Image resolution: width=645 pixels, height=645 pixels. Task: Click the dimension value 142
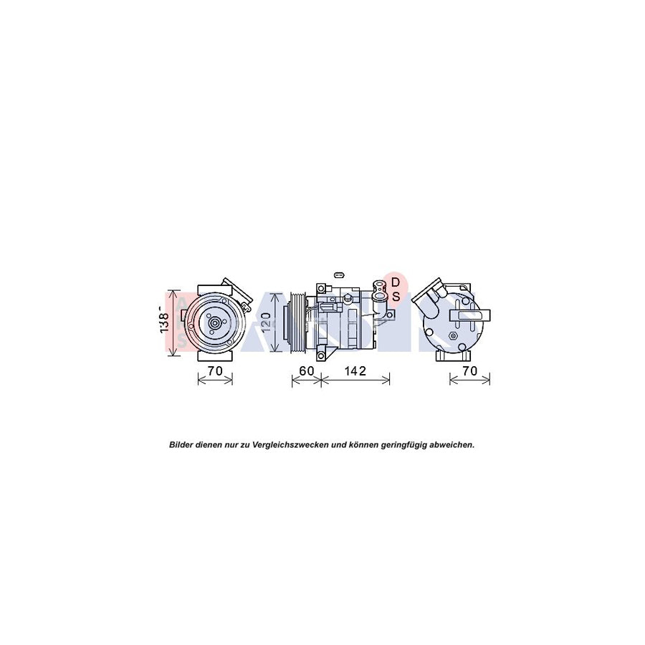click(x=355, y=371)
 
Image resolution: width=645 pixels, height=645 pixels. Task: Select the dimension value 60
click(x=306, y=371)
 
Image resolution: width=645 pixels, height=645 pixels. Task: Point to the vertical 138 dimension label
click(x=166, y=322)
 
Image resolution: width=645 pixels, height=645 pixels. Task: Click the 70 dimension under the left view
click(x=215, y=371)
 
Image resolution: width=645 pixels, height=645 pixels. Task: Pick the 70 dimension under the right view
click(x=470, y=371)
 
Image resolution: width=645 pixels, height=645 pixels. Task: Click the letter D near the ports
click(x=395, y=283)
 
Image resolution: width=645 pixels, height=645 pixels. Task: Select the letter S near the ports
click(x=395, y=295)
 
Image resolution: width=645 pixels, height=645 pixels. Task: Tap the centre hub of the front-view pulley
click(x=214, y=323)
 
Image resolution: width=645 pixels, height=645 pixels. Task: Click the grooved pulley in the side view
click(x=295, y=323)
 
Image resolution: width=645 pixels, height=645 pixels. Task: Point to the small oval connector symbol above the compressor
click(x=340, y=273)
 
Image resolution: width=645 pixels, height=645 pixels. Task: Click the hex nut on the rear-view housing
click(x=452, y=334)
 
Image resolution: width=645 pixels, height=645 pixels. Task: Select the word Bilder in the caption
click(x=182, y=444)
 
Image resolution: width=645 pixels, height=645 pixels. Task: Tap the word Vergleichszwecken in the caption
click(x=287, y=444)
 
